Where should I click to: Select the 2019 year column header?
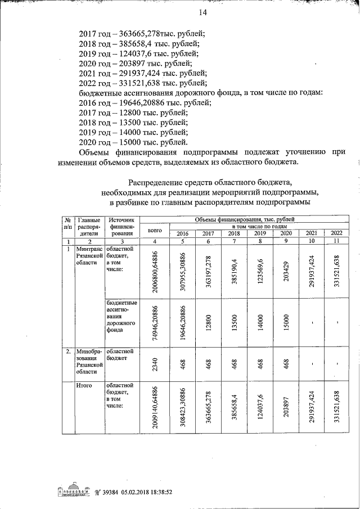coord(260,233)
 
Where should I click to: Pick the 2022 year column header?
coord(336,233)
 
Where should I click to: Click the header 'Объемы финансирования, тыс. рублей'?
coord(244,219)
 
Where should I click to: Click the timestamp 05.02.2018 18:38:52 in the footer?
coord(139,490)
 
